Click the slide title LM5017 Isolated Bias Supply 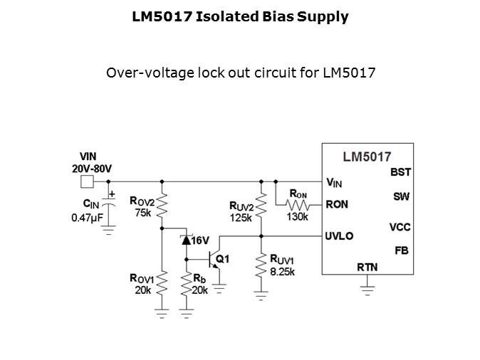coord(240,16)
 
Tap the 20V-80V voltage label coord(92,169)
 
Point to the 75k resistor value coord(142,213)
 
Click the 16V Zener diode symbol coord(187,240)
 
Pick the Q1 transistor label coord(223,259)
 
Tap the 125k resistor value coord(240,217)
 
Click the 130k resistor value coord(297,216)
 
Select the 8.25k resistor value coord(282,271)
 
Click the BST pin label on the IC coord(400,172)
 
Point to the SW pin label coord(401,196)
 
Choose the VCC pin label coord(400,227)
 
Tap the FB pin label coord(402,250)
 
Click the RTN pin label coord(367,267)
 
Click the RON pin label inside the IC coord(337,204)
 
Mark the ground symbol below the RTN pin coord(367,287)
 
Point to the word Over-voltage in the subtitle coord(142,73)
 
